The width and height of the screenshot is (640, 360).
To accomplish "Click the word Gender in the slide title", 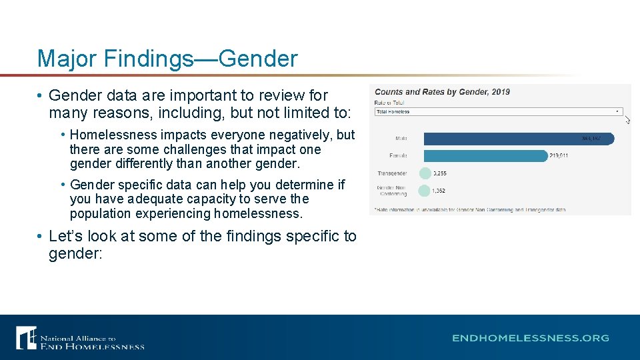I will tap(258, 59).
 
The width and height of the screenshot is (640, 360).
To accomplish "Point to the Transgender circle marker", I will tap(425, 173).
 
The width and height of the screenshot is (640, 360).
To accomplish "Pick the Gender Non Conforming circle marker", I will tap(425, 191).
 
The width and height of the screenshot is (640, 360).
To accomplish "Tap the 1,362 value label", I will tap(439, 191).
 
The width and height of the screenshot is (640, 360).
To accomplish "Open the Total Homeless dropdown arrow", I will tap(618, 112).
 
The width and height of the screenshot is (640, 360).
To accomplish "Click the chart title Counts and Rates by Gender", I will tap(442, 92).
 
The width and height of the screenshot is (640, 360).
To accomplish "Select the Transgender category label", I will tap(392, 173).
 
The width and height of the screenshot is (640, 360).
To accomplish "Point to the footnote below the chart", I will tap(470, 209).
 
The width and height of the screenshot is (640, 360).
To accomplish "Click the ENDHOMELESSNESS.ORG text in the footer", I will tap(531, 338).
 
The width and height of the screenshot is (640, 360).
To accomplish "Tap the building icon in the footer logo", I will tap(27, 337).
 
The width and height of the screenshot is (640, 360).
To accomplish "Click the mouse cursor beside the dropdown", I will tap(627, 119).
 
